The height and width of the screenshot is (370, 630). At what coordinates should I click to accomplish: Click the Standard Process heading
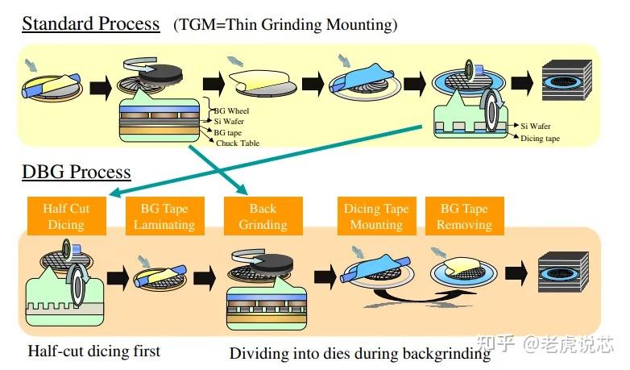click(91, 23)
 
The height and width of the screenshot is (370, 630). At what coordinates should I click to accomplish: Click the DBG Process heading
click(77, 172)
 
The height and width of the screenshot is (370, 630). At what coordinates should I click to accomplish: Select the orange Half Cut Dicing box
click(67, 216)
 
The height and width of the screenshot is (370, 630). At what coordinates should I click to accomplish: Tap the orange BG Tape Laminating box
click(164, 216)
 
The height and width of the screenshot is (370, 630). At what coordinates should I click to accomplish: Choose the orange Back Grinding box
click(263, 216)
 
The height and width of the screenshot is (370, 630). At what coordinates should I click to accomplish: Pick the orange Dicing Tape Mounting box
click(376, 216)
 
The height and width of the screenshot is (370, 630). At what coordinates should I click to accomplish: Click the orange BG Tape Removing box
click(465, 216)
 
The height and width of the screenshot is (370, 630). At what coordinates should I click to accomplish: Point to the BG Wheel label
click(231, 111)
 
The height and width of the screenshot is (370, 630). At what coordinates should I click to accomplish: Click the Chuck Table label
click(238, 143)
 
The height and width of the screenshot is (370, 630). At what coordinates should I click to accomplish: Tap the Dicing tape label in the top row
click(540, 139)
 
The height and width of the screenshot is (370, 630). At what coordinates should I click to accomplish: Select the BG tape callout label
click(227, 133)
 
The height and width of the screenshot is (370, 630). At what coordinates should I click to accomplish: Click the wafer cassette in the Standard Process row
click(566, 81)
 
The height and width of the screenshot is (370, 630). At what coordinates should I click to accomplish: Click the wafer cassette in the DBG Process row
click(563, 272)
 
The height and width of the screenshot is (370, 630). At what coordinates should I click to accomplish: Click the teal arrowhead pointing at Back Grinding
click(243, 189)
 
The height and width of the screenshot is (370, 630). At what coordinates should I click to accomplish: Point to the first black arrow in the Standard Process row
click(101, 87)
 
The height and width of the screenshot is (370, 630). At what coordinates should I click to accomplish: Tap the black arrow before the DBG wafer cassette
click(516, 273)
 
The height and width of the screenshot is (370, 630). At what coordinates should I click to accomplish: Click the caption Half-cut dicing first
click(94, 351)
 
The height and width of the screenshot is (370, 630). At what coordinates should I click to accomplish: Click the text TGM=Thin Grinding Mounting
click(285, 25)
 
